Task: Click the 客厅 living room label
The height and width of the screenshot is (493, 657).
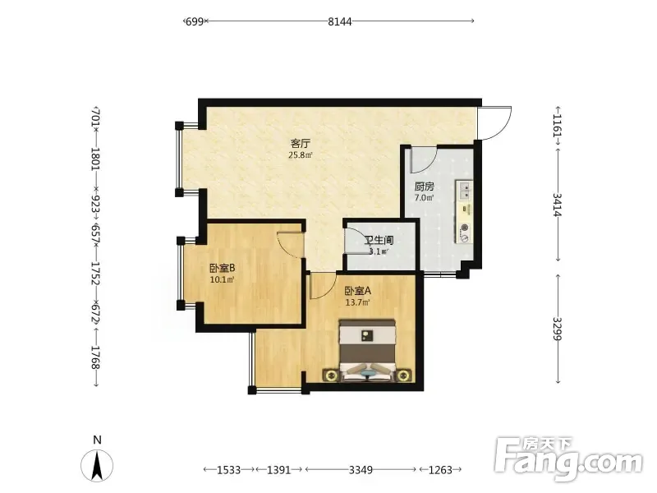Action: pyautogui.click(x=301, y=144)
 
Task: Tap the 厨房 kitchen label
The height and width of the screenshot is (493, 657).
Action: pyautogui.click(x=424, y=187)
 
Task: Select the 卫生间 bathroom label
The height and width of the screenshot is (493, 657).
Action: pyautogui.click(x=379, y=241)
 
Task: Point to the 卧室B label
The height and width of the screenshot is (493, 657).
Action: pyautogui.click(x=222, y=268)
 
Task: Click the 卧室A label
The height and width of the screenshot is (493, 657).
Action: pyautogui.click(x=358, y=291)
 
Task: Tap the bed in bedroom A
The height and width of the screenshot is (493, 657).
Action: pyautogui.click(x=367, y=351)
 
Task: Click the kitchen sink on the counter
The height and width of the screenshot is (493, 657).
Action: pyautogui.click(x=465, y=191)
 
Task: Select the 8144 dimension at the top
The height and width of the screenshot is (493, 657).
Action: pyautogui.click(x=340, y=21)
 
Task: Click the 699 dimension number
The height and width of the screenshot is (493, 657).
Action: pyautogui.click(x=195, y=21)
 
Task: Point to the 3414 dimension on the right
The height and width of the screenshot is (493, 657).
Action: pyautogui.click(x=558, y=205)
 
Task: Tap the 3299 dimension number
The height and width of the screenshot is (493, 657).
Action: pyautogui.click(x=558, y=329)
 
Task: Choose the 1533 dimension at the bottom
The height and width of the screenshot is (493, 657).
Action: pyautogui.click(x=229, y=470)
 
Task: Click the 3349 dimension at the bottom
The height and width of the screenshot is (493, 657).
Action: pyautogui.click(x=361, y=470)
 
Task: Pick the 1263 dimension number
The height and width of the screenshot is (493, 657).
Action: pyautogui.click(x=440, y=470)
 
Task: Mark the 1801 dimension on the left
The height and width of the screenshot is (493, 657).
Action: pyautogui.click(x=96, y=159)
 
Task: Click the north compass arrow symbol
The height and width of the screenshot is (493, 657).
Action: pyautogui.click(x=97, y=465)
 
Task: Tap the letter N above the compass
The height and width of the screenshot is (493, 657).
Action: pyautogui.click(x=97, y=440)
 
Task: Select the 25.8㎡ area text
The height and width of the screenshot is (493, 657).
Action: pyautogui.click(x=301, y=155)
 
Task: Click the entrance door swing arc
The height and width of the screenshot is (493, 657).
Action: pyautogui.click(x=502, y=129)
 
